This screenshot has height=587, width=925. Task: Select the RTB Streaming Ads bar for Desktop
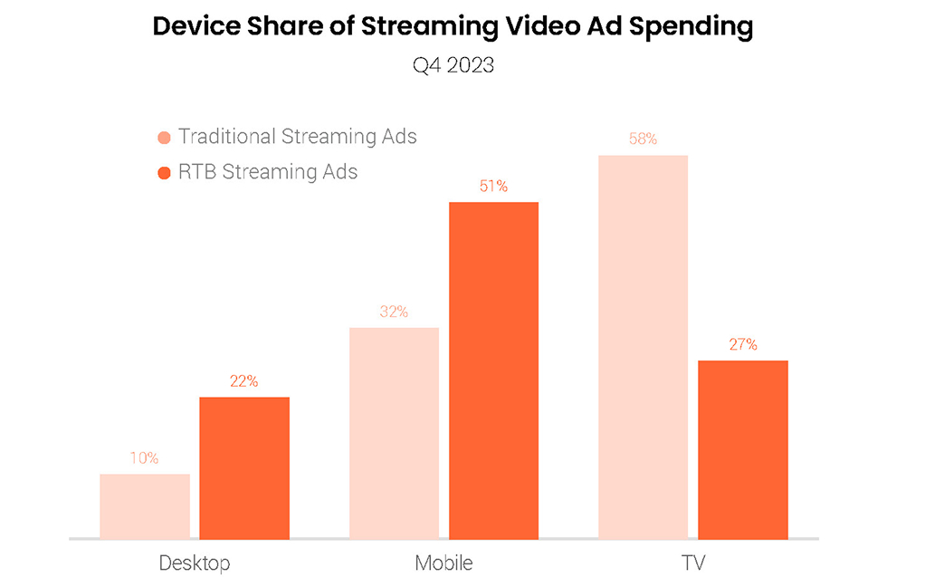(244, 467)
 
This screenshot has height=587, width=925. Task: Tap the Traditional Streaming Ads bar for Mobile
(394, 432)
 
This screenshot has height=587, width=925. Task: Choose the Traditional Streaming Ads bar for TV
(643, 346)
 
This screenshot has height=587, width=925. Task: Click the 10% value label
(144, 458)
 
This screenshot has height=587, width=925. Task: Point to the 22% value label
(243, 381)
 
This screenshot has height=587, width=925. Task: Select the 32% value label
(394, 312)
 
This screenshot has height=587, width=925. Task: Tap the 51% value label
(493, 187)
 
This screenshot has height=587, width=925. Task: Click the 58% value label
(643, 140)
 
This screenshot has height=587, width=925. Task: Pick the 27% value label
(743, 344)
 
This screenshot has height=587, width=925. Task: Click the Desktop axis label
(195, 563)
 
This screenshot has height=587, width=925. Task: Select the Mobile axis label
(443, 563)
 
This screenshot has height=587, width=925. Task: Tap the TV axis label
(692, 563)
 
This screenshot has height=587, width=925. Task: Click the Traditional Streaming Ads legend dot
(164, 138)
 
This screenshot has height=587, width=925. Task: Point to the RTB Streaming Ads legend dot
(164, 172)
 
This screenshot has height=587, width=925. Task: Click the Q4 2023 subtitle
(453, 65)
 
